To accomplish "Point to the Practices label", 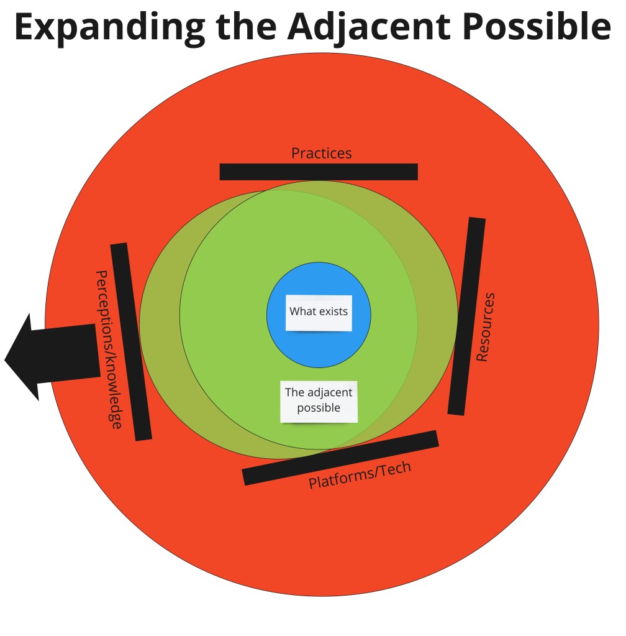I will tap(321, 153).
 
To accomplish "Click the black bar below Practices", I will tap(319, 172).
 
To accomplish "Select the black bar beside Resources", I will tap(466, 316).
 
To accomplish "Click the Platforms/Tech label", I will tap(360, 474).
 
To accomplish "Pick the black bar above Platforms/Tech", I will tap(340, 457).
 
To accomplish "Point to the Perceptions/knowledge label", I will tap(108, 349).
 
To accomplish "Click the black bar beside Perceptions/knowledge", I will tap(131, 341).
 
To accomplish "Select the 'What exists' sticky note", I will tap(319, 313).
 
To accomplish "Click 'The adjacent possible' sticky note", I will tap(319, 401).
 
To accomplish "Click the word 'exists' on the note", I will tap(333, 311).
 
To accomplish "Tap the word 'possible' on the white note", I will tap(319, 408).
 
